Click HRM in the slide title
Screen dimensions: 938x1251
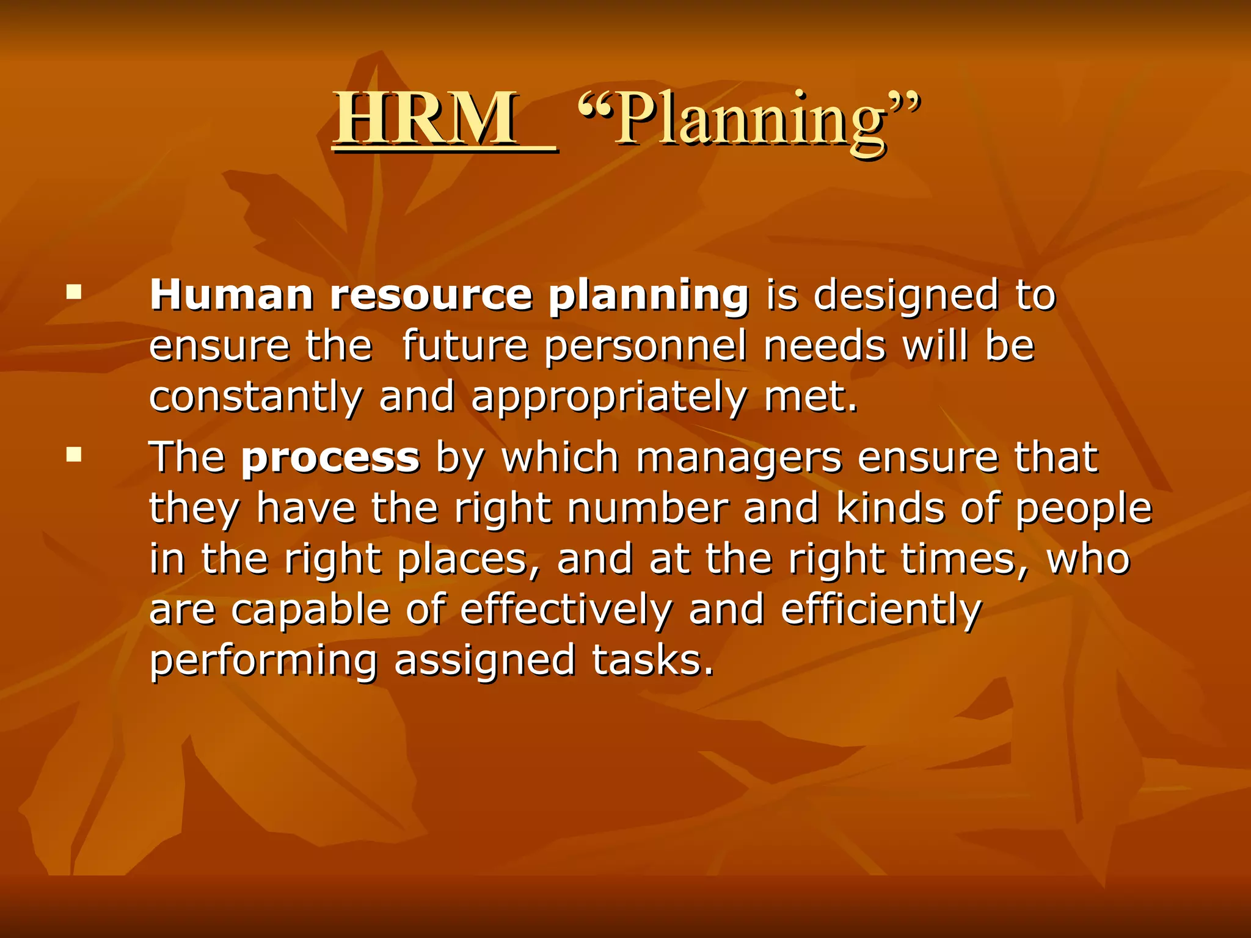pyautogui.click(x=426, y=118)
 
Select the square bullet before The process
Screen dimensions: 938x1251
pyautogui.click(x=75, y=454)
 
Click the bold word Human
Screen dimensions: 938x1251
pyautogui.click(x=232, y=296)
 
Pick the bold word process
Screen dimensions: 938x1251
pyautogui.click(x=330, y=458)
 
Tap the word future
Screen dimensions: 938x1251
pyautogui.click(x=464, y=346)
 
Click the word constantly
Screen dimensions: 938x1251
pyautogui.click(x=256, y=397)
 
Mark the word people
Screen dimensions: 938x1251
pyautogui.click(x=1083, y=509)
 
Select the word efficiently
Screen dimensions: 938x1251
pyautogui.click(x=881, y=611)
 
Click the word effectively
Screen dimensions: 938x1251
pyautogui.click(x=566, y=611)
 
